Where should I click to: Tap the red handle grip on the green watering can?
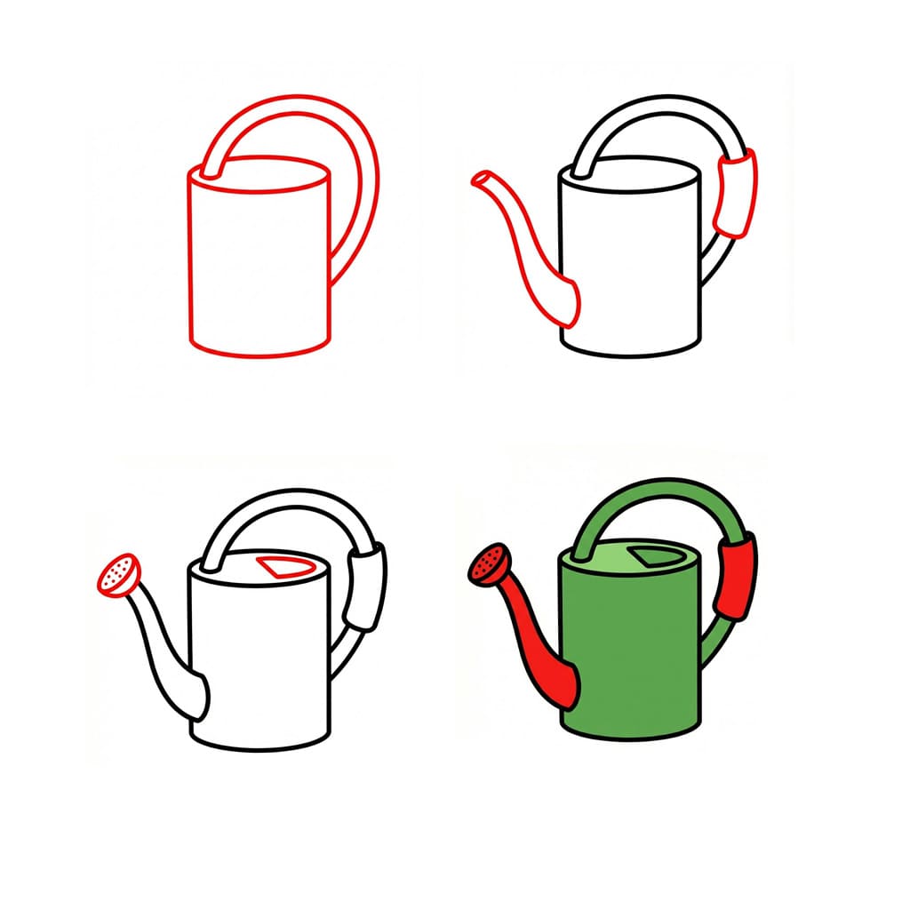click(737, 578)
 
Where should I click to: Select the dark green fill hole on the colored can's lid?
click(651, 557)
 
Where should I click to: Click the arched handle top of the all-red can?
click(293, 100)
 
